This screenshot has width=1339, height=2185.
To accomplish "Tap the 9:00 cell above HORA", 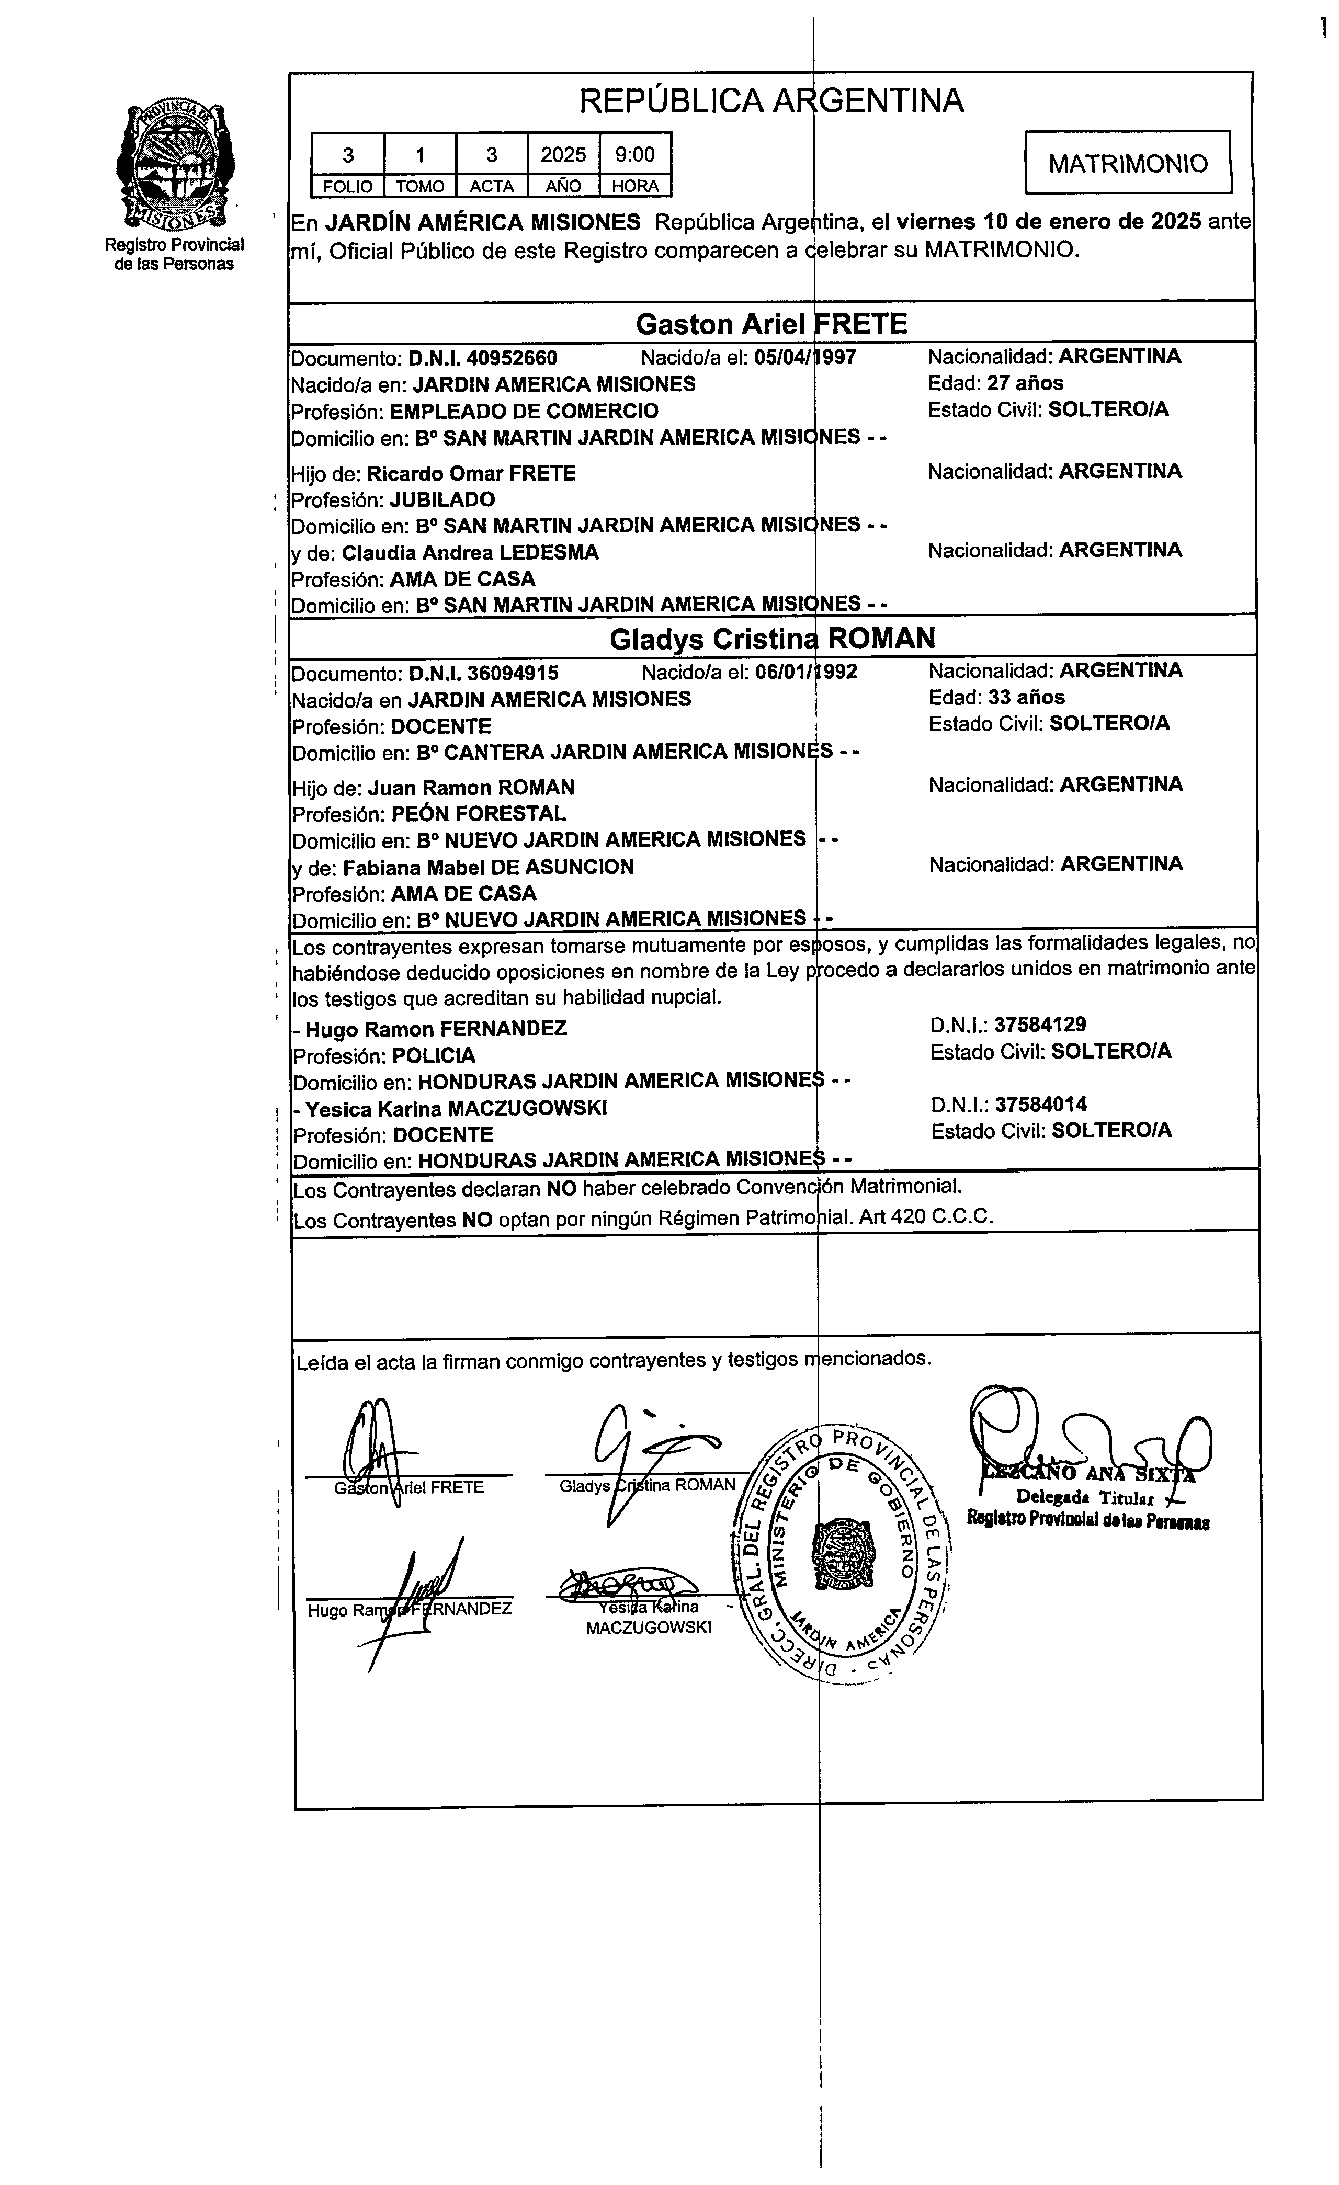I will tap(635, 155).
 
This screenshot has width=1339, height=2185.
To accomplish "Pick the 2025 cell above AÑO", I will tap(563, 155).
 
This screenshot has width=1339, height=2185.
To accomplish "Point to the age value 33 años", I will tap(1026, 697).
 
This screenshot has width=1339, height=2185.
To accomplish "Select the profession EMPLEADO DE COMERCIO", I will tap(524, 412).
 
